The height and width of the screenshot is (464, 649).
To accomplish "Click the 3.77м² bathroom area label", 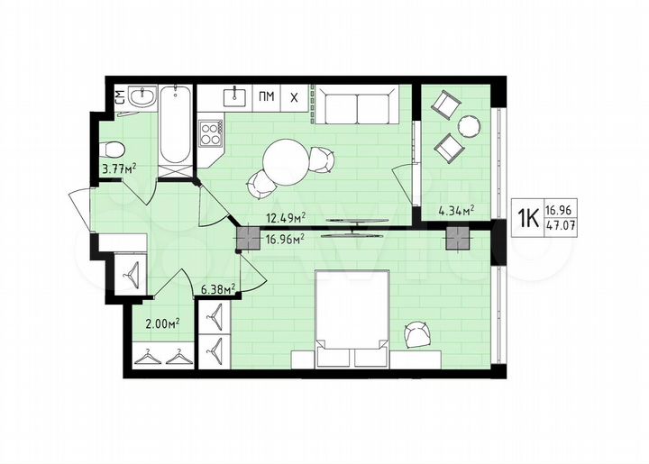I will tap(118, 167).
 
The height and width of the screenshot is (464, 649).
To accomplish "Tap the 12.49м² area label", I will tap(286, 217).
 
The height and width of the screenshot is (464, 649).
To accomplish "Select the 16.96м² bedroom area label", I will tap(286, 239).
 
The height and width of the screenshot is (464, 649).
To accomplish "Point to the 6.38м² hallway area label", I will tap(217, 289).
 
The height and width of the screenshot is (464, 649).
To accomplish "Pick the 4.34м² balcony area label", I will tap(456, 212).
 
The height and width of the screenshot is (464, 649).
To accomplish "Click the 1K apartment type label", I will tap(527, 217).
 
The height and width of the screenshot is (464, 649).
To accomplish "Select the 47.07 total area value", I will tap(561, 226).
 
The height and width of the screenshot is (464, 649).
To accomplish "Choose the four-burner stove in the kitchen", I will tap(211, 133).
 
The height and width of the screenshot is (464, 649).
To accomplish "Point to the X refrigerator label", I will tap(295, 96).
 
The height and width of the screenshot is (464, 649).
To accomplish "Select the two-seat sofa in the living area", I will tap(358, 108).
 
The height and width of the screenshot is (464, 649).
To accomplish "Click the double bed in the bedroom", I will tap(352, 315).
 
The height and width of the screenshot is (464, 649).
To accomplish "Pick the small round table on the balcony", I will tap(469, 126).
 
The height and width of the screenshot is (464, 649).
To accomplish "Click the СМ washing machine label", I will tap(119, 96).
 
